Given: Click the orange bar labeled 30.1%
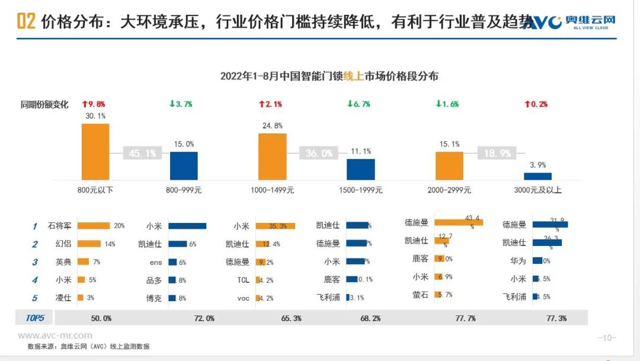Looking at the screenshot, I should click(95, 151).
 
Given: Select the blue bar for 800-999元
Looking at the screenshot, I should click(184, 165).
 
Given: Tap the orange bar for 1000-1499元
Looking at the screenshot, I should click(273, 156).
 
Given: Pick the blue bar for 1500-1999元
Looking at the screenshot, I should click(361, 169).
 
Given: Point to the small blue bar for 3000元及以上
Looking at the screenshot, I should click(537, 176).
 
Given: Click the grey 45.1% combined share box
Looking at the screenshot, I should click(142, 153).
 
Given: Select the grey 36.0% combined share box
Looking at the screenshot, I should click(319, 153).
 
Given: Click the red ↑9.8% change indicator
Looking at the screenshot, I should click(94, 104).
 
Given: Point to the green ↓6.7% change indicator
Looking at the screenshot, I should click(359, 104).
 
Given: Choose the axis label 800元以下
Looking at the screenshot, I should click(95, 190).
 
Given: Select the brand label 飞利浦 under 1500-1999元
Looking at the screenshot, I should click(328, 297).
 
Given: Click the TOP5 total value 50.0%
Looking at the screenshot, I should click(101, 318).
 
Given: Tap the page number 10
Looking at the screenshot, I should click(606, 338).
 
